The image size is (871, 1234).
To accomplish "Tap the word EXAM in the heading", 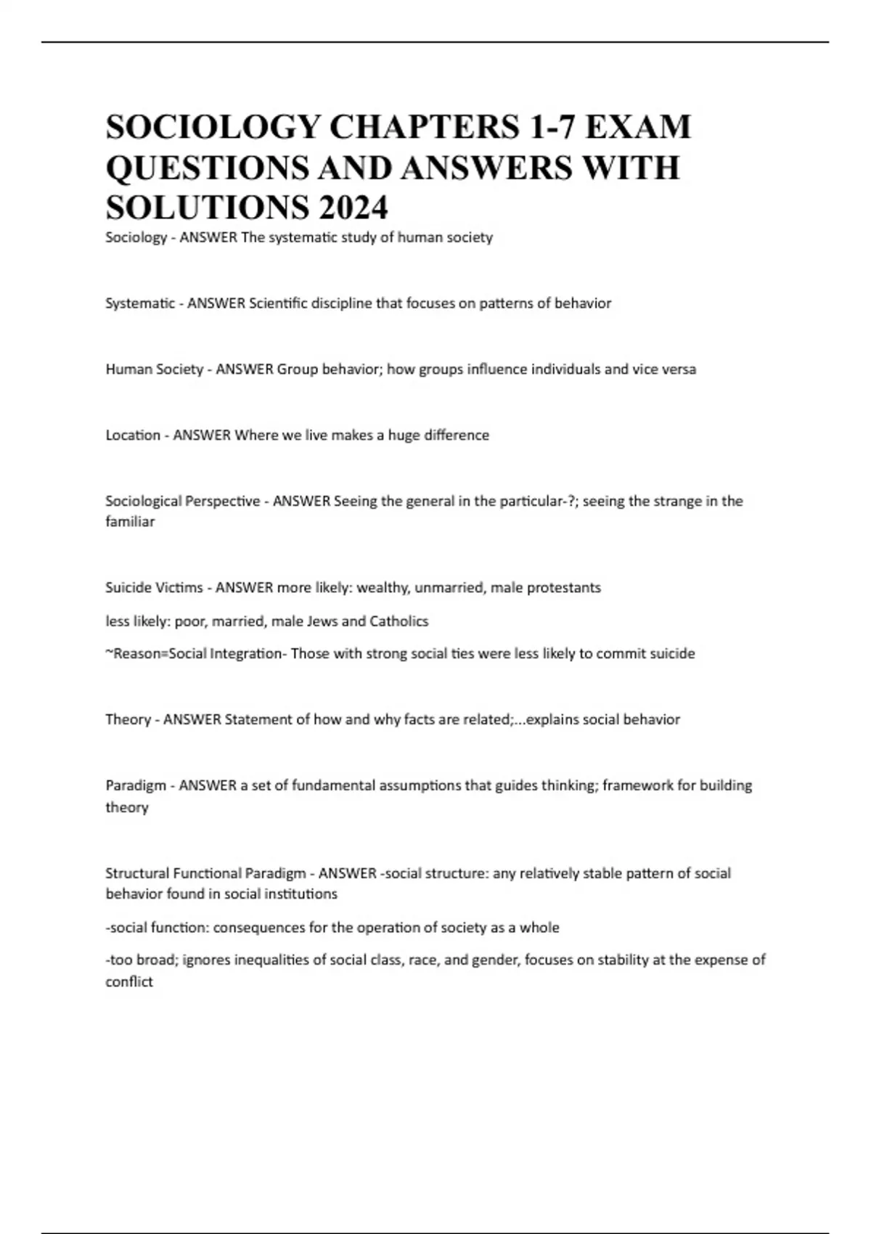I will (638, 127).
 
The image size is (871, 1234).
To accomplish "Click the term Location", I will (133, 436).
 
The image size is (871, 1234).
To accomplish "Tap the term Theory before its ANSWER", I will (128, 720).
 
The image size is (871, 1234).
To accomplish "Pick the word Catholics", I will (399, 621).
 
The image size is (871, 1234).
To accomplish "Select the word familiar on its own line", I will (130, 522).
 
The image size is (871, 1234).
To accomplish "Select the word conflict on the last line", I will (129, 982).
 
